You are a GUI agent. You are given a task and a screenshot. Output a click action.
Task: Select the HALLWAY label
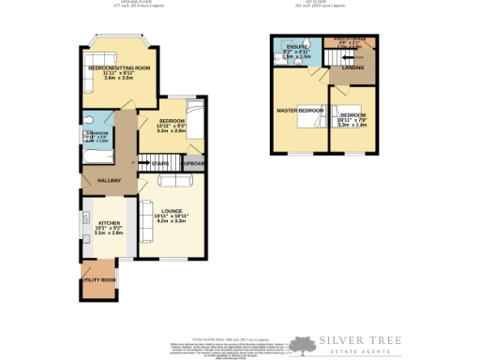click(x=97, y=179)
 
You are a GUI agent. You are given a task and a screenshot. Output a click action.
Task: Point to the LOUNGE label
click(x=172, y=210)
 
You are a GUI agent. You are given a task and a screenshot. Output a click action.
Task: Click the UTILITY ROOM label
click(x=98, y=280)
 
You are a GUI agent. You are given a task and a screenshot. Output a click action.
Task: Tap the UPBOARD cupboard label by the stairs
click(x=194, y=164)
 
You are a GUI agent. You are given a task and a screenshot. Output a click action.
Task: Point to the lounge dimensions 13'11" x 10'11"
click(x=172, y=217)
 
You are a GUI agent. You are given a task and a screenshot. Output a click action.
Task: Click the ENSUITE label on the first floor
click(x=297, y=47)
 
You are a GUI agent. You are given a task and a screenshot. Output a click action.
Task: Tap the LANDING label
click(x=353, y=67)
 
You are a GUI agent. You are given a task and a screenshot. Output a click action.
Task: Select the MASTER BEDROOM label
click(x=299, y=111)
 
